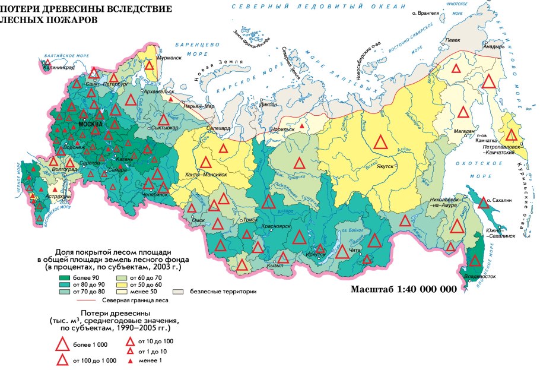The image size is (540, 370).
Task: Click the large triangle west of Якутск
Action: click(382, 143)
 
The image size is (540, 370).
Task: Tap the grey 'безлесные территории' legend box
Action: click(176, 292)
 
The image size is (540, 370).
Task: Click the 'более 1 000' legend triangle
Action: click(62, 344)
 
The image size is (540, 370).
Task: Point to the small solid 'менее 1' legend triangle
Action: click(129, 360)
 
